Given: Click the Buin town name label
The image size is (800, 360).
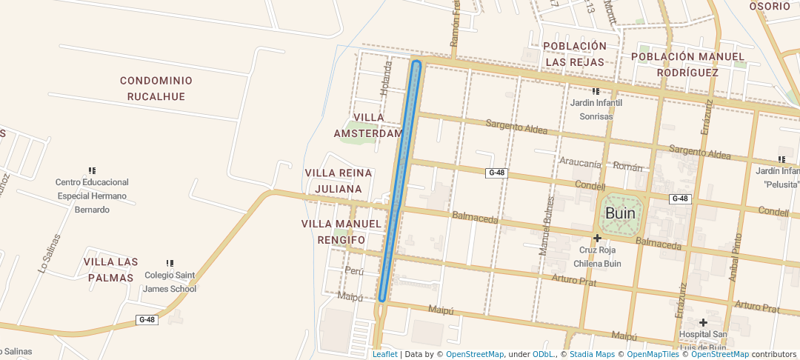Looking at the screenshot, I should (x=620, y=213).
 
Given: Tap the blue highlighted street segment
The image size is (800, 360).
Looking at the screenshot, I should (x=400, y=181).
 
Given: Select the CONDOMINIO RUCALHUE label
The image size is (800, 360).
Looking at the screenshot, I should (x=156, y=88).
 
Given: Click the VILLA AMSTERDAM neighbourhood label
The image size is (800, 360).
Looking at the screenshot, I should (x=368, y=125).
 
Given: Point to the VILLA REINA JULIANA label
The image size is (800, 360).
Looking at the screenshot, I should (x=339, y=181).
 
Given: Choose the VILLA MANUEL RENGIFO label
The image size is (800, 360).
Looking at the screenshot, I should (x=341, y=232).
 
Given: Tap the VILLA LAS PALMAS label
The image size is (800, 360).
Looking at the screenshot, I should (x=110, y=270).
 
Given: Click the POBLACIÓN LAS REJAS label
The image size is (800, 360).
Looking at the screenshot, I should (x=575, y=54).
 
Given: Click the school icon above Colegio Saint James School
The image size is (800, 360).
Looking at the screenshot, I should (x=170, y=263).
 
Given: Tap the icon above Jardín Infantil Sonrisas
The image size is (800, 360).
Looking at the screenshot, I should (x=596, y=91).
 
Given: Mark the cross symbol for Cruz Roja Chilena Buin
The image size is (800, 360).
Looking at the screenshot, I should (x=597, y=238).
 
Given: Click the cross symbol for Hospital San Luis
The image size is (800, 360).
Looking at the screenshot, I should (x=703, y=322).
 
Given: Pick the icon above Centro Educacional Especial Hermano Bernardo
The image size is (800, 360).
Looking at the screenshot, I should (x=92, y=170).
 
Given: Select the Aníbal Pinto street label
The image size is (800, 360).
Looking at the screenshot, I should (x=735, y=256).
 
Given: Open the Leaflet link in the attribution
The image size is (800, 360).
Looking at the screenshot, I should (x=384, y=354).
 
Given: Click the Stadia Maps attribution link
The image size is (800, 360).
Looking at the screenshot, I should (x=592, y=354).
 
